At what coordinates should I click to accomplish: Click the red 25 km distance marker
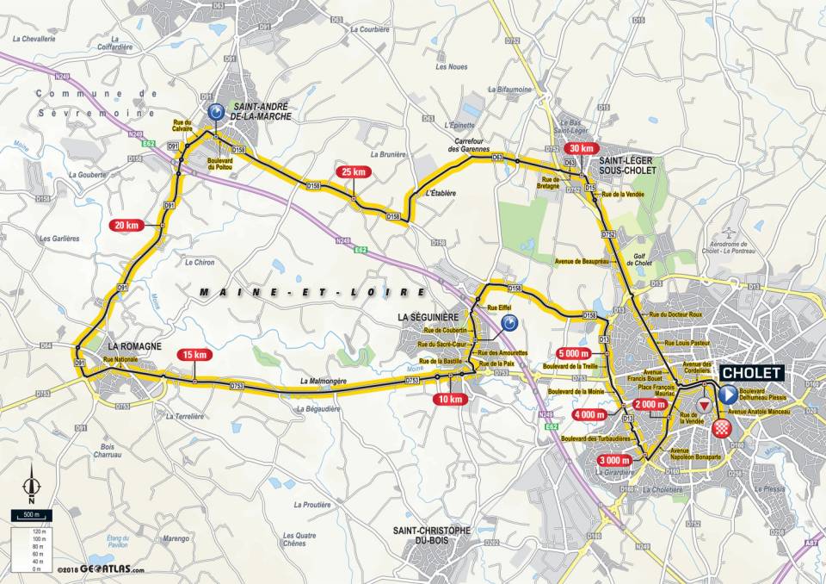tap(354, 171)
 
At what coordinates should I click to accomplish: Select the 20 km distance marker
tap(126, 225)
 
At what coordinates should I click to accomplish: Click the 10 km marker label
tap(450, 399)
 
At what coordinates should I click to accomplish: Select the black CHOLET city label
tap(751, 373)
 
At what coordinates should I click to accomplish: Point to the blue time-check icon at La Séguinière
tap(509, 324)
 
